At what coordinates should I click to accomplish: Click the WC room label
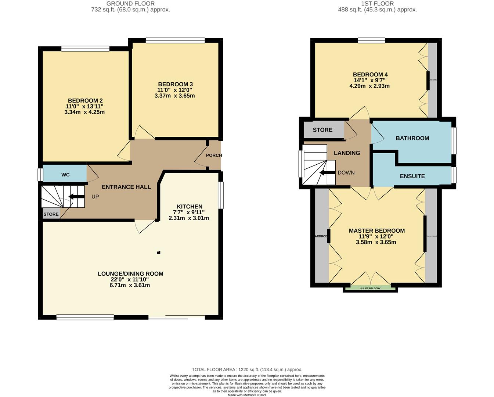click(x=65, y=175)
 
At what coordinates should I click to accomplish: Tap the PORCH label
click(x=214, y=155)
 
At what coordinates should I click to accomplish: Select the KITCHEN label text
click(x=190, y=207)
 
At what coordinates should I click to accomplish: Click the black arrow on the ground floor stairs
click(x=76, y=197)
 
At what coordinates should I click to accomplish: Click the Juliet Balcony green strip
click(x=370, y=288)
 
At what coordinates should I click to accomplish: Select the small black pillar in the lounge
click(x=158, y=253)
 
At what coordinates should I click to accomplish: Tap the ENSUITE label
click(x=412, y=176)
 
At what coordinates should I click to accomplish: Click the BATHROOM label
click(x=412, y=138)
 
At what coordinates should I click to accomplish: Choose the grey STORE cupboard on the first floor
click(x=323, y=130)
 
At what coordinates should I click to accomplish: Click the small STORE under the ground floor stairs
click(x=51, y=214)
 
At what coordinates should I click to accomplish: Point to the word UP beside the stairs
click(x=95, y=197)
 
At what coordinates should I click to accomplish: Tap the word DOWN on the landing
click(x=346, y=172)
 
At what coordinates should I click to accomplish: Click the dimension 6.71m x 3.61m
click(x=130, y=285)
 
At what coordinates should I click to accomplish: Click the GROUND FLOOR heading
click(x=130, y=4)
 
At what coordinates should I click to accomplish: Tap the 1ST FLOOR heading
click(x=377, y=4)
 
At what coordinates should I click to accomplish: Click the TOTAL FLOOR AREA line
click(x=247, y=369)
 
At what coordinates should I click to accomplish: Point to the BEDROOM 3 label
click(x=175, y=84)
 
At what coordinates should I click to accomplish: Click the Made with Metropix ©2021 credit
click(x=247, y=395)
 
